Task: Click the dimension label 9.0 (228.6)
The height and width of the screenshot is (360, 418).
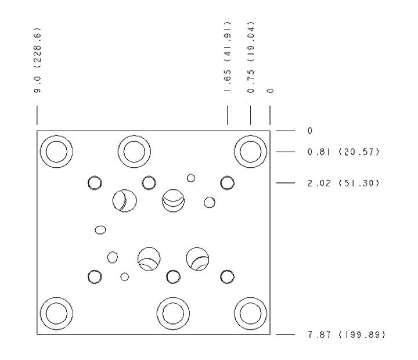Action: click(x=38, y=60)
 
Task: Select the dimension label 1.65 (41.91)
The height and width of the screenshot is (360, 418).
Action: click(x=228, y=57)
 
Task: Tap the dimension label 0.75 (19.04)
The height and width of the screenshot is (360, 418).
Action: click(x=251, y=57)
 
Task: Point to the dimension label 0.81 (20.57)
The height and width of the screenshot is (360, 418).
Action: click(x=343, y=152)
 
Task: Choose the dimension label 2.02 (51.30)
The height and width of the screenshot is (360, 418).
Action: click(x=343, y=183)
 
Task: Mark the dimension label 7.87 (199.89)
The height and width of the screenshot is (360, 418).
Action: click(x=347, y=334)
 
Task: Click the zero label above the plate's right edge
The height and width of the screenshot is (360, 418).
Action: click(x=270, y=91)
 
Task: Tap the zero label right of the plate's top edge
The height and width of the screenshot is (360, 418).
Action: click(x=310, y=131)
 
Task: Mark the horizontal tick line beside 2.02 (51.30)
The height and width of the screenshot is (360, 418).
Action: click(x=285, y=183)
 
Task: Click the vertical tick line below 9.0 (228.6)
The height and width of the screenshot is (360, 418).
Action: click(x=37, y=115)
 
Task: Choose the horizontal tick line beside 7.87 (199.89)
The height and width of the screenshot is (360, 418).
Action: click(x=285, y=334)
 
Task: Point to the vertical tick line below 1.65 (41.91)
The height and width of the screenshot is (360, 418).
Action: click(x=228, y=115)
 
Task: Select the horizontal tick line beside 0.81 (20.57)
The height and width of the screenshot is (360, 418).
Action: click(x=285, y=152)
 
